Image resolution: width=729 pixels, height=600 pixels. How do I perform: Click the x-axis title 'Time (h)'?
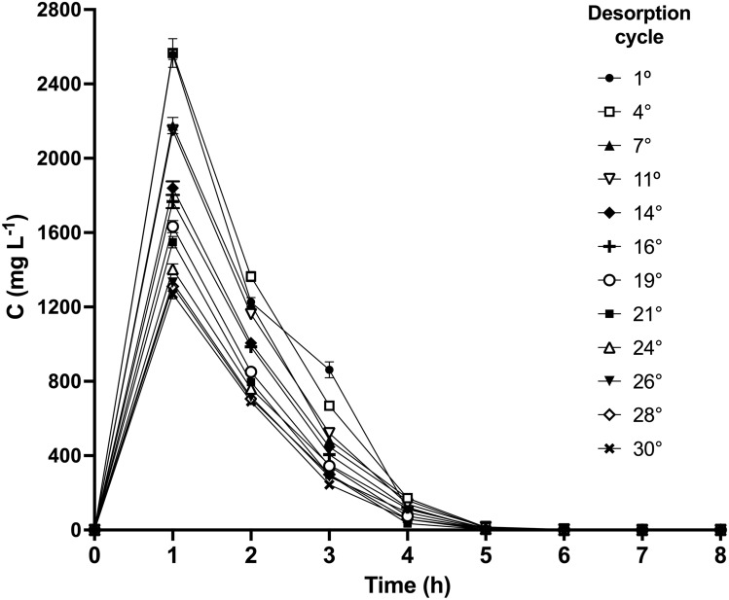click(x=407, y=584)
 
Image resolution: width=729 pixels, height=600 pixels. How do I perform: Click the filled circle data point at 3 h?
click(x=329, y=370)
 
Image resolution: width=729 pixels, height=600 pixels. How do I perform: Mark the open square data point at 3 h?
click(x=329, y=406)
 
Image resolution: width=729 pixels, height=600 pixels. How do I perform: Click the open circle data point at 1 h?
click(x=172, y=227)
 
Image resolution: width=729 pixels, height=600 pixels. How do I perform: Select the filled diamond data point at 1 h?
click(x=172, y=188)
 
